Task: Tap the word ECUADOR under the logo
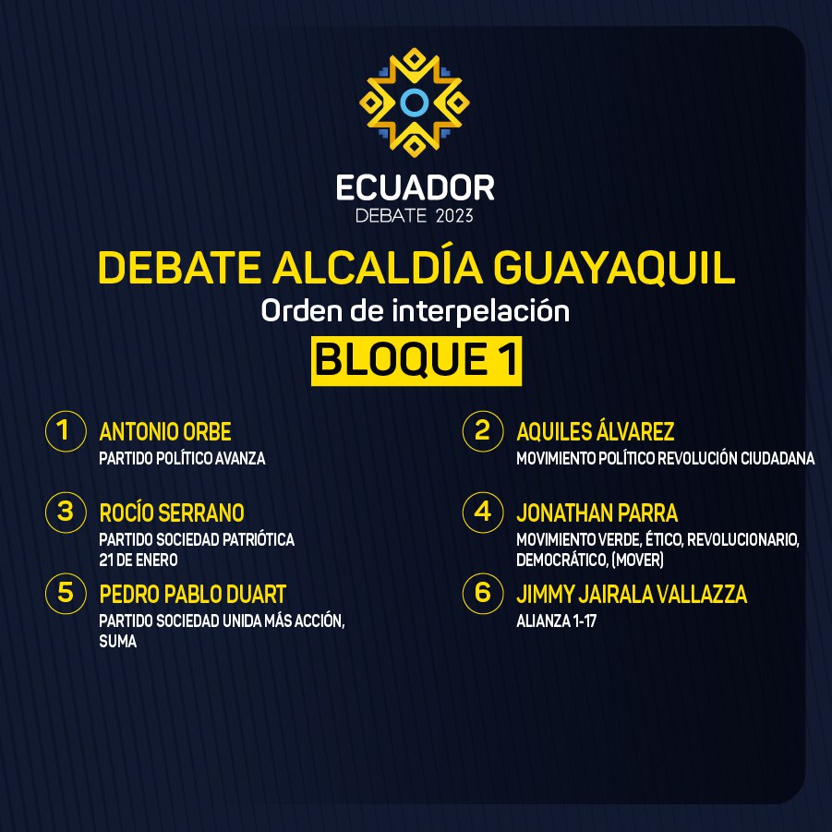coord(416,188)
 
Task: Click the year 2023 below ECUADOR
coord(454,216)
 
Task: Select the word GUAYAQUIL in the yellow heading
coord(614,268)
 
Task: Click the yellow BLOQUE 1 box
coord(416,361)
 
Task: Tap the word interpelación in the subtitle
coord(481,310)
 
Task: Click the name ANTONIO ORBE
coord(165,432)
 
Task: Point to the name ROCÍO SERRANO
coord(172,512)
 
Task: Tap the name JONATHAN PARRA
coord(597,513)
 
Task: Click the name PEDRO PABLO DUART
coord(193,595)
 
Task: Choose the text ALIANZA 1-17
coord(557,621)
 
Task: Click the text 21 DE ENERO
coord(139,560)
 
